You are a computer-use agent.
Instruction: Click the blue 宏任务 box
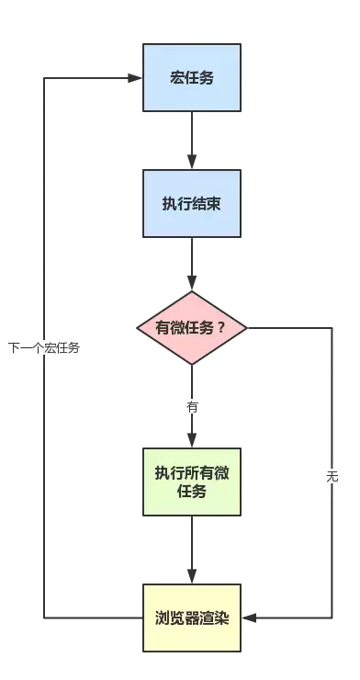(192, 78)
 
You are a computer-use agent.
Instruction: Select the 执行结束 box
(192, 204)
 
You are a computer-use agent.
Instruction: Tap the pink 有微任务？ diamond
(192, 328)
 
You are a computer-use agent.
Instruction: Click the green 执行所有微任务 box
(192, 482)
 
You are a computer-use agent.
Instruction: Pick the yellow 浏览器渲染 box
(192, 617)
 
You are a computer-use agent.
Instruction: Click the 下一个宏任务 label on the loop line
(43, 348)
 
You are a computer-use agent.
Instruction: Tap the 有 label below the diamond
(192, 406)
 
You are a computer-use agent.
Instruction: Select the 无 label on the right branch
(332, 477)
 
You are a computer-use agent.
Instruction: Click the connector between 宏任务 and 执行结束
(192, 138)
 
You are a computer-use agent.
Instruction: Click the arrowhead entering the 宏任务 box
(132, 78)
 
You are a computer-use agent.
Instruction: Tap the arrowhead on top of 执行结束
(192, 163)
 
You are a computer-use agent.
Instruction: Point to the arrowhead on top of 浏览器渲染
(192, 574)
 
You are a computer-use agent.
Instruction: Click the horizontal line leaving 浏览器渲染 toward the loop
(92, 617)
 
